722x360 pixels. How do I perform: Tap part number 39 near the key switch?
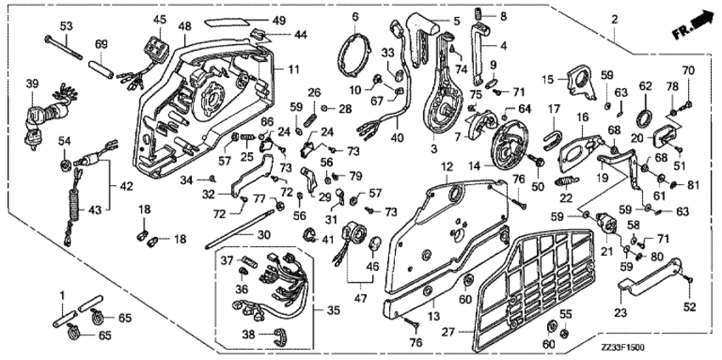pyautogui.click(x=32, y=82)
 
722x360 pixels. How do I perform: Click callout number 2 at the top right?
pyautogui.click(x=613, y=18)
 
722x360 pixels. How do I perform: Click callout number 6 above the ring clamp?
pyautogui.click(x=355, y=14)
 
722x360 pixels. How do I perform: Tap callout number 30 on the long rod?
pyautogui.click(x=263, y=235)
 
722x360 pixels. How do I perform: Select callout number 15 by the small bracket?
pyautogui.click(x=550, y=78)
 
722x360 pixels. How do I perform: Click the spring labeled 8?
pyautogui.click(x=479, y=15)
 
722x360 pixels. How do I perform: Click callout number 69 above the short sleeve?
pyautogui.click(x=100, y=43)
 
